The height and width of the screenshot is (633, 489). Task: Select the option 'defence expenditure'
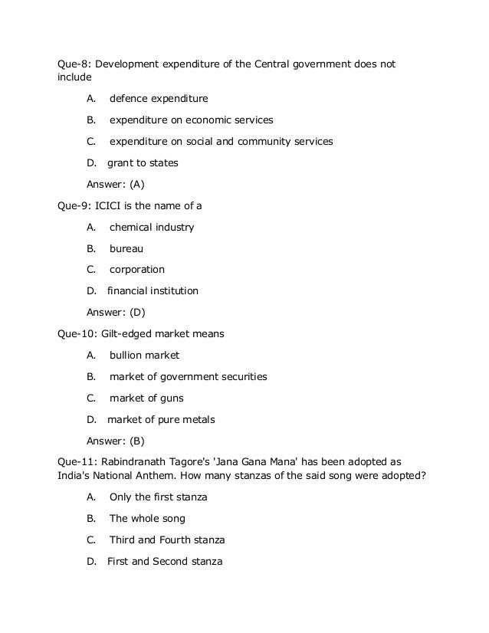(158, 99)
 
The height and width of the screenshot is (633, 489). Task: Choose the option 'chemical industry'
(152, 228)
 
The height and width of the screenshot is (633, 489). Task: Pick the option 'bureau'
(126, 249)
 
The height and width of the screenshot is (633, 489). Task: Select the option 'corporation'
(136, 270)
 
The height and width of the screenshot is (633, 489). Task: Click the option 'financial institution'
(153, 291)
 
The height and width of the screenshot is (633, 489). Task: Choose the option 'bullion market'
(144, 356)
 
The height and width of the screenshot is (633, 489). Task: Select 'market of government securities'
(188, 377)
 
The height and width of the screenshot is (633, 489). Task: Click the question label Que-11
(77, 462)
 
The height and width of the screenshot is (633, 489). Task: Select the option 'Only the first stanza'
(159, 497)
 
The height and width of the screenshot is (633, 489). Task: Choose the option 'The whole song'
(147, 519)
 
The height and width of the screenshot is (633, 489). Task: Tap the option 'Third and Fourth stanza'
(167, 540)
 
